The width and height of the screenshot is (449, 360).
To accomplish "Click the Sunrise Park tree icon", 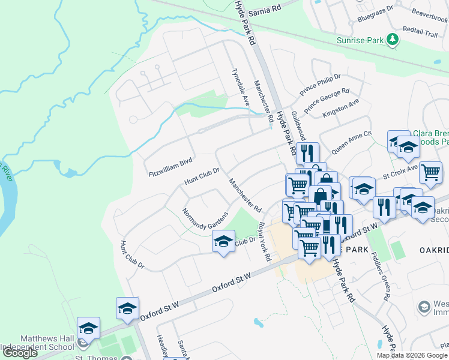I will (393, 40).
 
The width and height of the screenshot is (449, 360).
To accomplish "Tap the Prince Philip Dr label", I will (321, 85).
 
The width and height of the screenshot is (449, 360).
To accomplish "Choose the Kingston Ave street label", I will (340, 108).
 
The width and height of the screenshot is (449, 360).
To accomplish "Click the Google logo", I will (20, 353).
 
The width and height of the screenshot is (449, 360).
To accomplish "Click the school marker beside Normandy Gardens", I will (223, 242).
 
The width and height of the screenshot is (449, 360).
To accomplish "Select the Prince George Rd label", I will (327, 101).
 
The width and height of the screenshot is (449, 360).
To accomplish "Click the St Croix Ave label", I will (400, 173).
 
